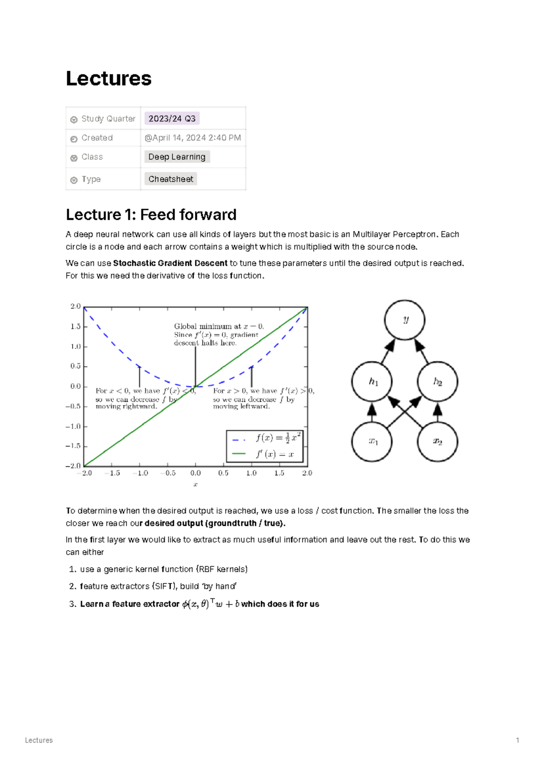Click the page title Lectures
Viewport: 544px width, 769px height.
(108, 78)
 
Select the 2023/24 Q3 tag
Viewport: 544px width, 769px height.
(172, 119)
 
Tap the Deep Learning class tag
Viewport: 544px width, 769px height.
(177, 157)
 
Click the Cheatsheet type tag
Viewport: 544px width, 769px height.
(170, 179)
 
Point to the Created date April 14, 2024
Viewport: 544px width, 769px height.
(193, 138)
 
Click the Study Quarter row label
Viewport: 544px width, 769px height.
(108, 119)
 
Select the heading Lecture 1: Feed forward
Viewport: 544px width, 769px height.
(151, 214)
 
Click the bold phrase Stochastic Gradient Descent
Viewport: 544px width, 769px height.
(170, 263)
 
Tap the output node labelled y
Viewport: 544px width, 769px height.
(404, 320)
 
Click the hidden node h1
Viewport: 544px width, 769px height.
(372, 382)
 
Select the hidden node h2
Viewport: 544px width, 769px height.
(437, 382)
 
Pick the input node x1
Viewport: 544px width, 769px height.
(372, 441)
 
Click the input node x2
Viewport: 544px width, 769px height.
(437, 441)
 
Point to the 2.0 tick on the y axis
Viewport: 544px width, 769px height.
(75, 306)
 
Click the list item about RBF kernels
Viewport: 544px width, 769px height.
(164, 569)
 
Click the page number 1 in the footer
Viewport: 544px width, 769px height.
(517, 740)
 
